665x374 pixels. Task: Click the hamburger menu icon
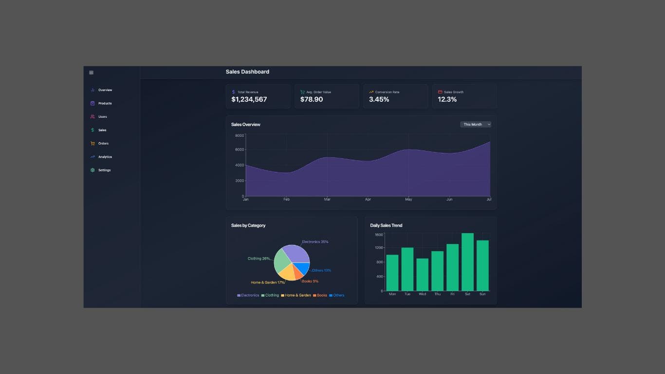point(91,73)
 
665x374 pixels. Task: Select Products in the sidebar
point(105,103)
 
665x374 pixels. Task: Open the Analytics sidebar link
point(105,157)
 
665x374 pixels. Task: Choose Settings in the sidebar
point(104,170)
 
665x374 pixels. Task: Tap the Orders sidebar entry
point(103,143)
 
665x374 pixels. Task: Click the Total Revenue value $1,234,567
point(249,99)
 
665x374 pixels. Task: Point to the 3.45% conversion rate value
point(379,99)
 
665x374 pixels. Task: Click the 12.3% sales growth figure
point(447,99)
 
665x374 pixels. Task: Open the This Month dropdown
point(476,124)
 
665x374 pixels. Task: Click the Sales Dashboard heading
point(247,72)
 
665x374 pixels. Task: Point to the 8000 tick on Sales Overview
point(239,135)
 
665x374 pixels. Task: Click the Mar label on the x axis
point(327,199)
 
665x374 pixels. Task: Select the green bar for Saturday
point(467,262)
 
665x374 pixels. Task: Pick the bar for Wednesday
point(423,275)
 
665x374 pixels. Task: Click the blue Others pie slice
point(303,268)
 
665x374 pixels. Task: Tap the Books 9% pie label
point(310,281)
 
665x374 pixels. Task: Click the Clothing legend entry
point(270,295)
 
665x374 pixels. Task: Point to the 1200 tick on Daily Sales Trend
point(378,247)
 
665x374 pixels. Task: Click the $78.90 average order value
point(312,99)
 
